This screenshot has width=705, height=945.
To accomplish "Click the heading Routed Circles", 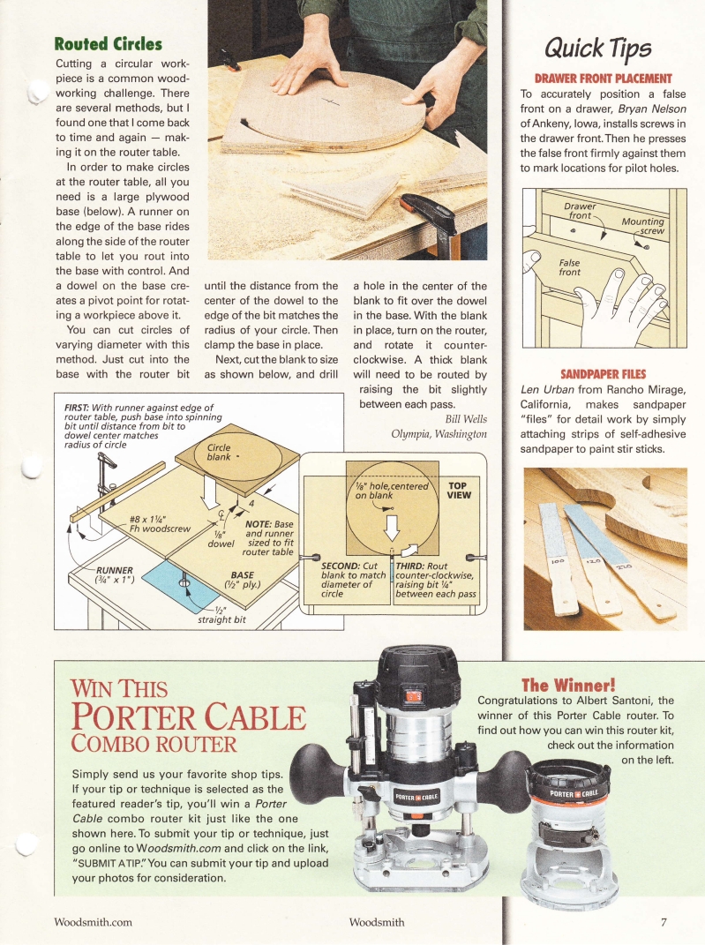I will point(108,43).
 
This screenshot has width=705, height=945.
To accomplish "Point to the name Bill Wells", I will point(466,418).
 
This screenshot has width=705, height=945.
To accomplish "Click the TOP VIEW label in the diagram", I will point(459,491).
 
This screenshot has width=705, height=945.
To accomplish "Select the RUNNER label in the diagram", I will point(114,570).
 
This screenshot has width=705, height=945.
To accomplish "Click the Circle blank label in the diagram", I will point(218,452).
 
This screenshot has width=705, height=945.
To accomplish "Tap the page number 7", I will point(663,923).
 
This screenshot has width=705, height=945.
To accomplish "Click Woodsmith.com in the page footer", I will point(93,923).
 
